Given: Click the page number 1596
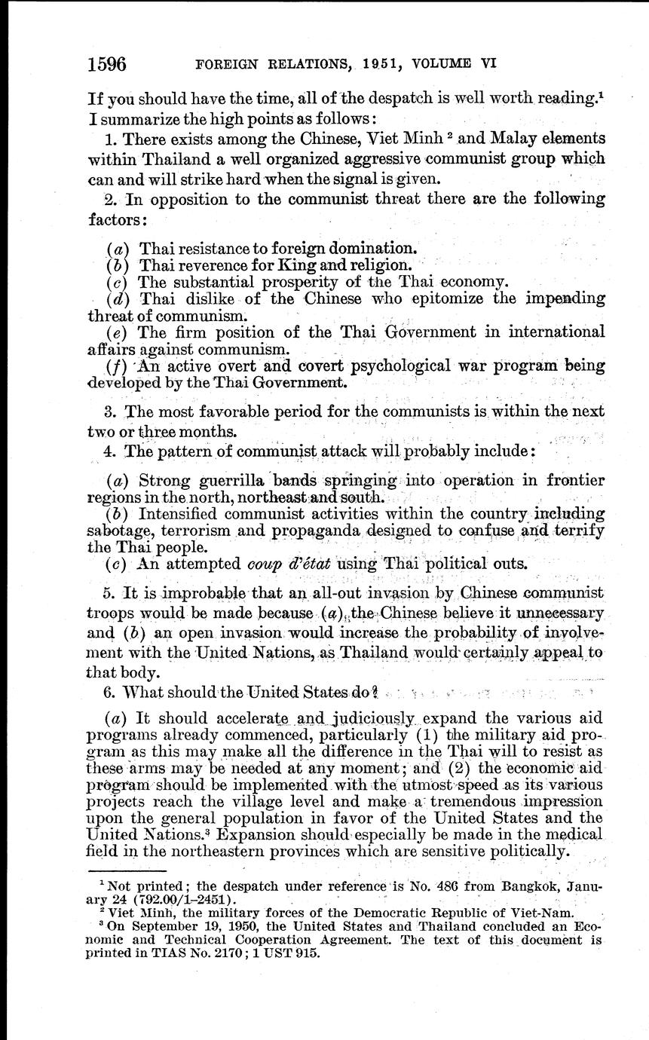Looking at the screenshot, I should pyautogui.click(x=107, y=63).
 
